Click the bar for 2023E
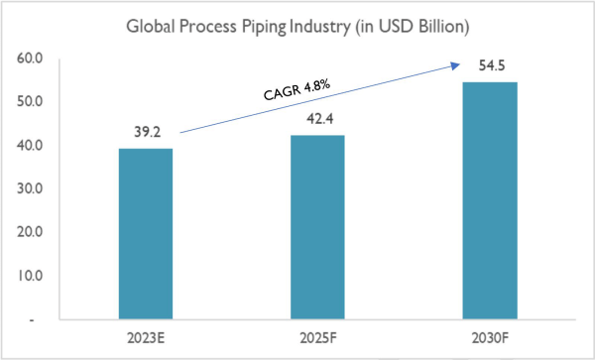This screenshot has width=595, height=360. pos(146,234)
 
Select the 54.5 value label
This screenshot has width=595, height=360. pos(489,66)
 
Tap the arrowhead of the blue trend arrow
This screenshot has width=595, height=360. pos(456,64)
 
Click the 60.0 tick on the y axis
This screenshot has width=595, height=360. pos(31,59)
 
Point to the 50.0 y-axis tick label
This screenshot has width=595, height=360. pos(31,102)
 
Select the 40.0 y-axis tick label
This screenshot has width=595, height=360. pos(31,146)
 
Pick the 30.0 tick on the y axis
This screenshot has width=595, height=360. pos(31,188)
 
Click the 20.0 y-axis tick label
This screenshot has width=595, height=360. pos(31,232)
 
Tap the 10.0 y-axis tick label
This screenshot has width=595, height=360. pos(31,276)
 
